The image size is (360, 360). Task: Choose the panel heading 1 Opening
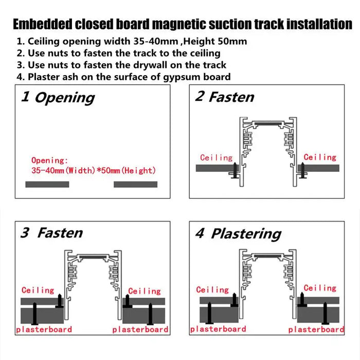pos(58,98)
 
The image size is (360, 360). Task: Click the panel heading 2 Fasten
pos(225,97)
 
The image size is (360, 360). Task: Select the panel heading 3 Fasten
pos(51,233)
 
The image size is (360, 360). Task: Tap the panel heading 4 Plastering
pos(238,234)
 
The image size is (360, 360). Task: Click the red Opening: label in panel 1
pos(49,160)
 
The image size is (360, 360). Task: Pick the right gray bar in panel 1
pos(135,184)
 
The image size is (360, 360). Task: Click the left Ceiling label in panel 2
pos(216,158)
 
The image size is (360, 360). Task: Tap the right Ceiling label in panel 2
pos(320,157)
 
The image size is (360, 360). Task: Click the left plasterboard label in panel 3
pos(44,329)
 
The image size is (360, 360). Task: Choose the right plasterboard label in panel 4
pos(316,329)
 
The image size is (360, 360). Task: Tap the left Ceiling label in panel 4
pos(212,290)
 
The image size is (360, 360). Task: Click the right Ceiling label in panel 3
pos(145,291)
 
